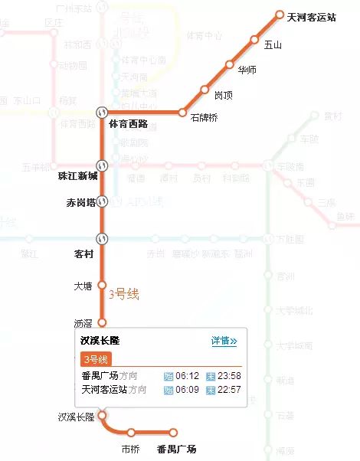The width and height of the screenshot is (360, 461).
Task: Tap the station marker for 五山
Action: click(x=254, y=40)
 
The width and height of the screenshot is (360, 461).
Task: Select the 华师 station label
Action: click(x=247, y=70)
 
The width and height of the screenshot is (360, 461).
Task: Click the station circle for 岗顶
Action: click(x=205, y=90)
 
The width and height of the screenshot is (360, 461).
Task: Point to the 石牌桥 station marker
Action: click(x=182, y=112)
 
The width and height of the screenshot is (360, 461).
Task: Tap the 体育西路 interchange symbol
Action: click(x=101, y=112)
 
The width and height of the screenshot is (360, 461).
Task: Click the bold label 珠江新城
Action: click(x=77, y=176)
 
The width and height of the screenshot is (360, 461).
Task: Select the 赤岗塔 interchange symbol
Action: click(x=101, y=201)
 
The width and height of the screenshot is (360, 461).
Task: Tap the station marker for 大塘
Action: click(x=101, y=286)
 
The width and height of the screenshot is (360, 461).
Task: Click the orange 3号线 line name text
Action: click(x=123, y=293)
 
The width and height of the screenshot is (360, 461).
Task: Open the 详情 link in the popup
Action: click(x=224, y=341)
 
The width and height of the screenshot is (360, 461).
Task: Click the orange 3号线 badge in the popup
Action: click(x=97, y=359)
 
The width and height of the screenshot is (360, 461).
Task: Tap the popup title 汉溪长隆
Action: click(x=100, y=341)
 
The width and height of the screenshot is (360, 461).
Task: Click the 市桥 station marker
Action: click(x=131, y=433)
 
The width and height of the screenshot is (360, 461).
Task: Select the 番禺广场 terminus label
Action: click(x=176, y=448)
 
